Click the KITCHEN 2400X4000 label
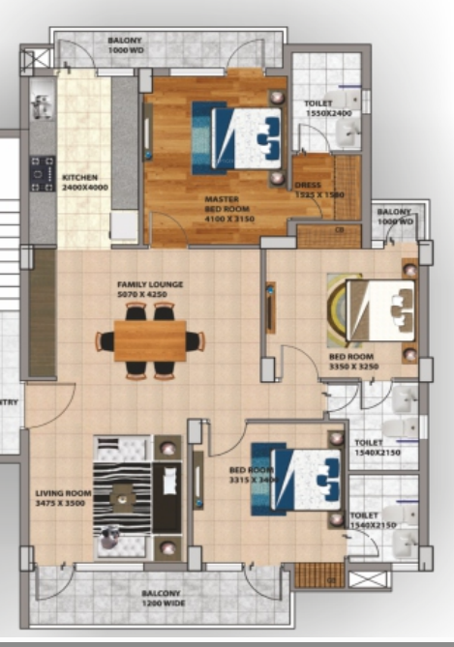[79, 183]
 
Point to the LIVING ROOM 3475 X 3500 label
[64, 497]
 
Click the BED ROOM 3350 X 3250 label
[351, 362]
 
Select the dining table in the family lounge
[150, 340]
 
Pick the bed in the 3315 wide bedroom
[296, 478]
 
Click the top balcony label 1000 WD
[126, 45]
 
